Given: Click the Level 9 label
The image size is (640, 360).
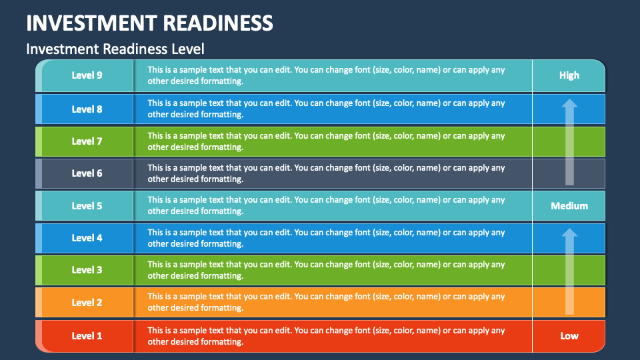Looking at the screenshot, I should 87,75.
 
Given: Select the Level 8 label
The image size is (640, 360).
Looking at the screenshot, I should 87,109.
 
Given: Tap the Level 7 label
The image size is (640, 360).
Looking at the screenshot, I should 87,141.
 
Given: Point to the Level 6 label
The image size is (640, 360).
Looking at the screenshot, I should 87,173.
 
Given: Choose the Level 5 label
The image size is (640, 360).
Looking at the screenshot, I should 87,206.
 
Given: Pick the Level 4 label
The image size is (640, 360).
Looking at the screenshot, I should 87,238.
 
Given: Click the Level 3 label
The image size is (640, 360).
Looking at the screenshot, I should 87,270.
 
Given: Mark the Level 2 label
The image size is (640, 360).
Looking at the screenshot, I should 87,303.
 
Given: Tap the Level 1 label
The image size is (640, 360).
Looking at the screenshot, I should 87,336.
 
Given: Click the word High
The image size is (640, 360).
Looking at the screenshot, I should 569,75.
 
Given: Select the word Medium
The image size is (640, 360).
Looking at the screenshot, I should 569,206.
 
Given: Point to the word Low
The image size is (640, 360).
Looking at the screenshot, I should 569,336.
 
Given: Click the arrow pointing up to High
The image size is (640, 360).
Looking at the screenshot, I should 569,142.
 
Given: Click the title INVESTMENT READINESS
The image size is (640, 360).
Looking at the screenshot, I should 149,23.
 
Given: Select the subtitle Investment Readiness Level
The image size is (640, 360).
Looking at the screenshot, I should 115,49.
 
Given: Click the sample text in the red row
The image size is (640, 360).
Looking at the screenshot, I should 326,336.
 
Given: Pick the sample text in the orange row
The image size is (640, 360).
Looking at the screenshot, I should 326,302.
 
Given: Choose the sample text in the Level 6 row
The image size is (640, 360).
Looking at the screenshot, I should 326,173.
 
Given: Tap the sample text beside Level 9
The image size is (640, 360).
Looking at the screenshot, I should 326,75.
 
